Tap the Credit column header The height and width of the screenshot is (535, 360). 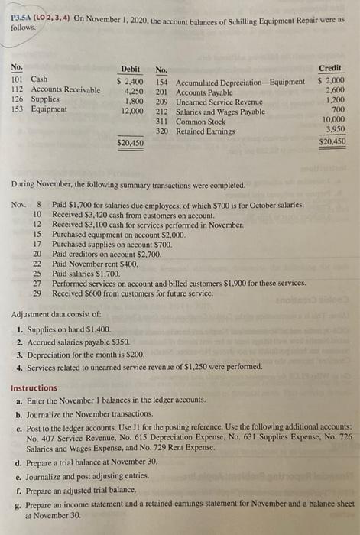click(334, 68)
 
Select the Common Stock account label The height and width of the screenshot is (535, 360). click(201, 122)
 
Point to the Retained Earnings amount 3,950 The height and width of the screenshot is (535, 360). click(337, 131)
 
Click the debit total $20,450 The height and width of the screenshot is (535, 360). click(129, 142)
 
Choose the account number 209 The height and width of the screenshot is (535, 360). click(162, 101)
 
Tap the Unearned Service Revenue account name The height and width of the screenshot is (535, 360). click(217, 101)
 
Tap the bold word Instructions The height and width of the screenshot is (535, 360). click(34, 388)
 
